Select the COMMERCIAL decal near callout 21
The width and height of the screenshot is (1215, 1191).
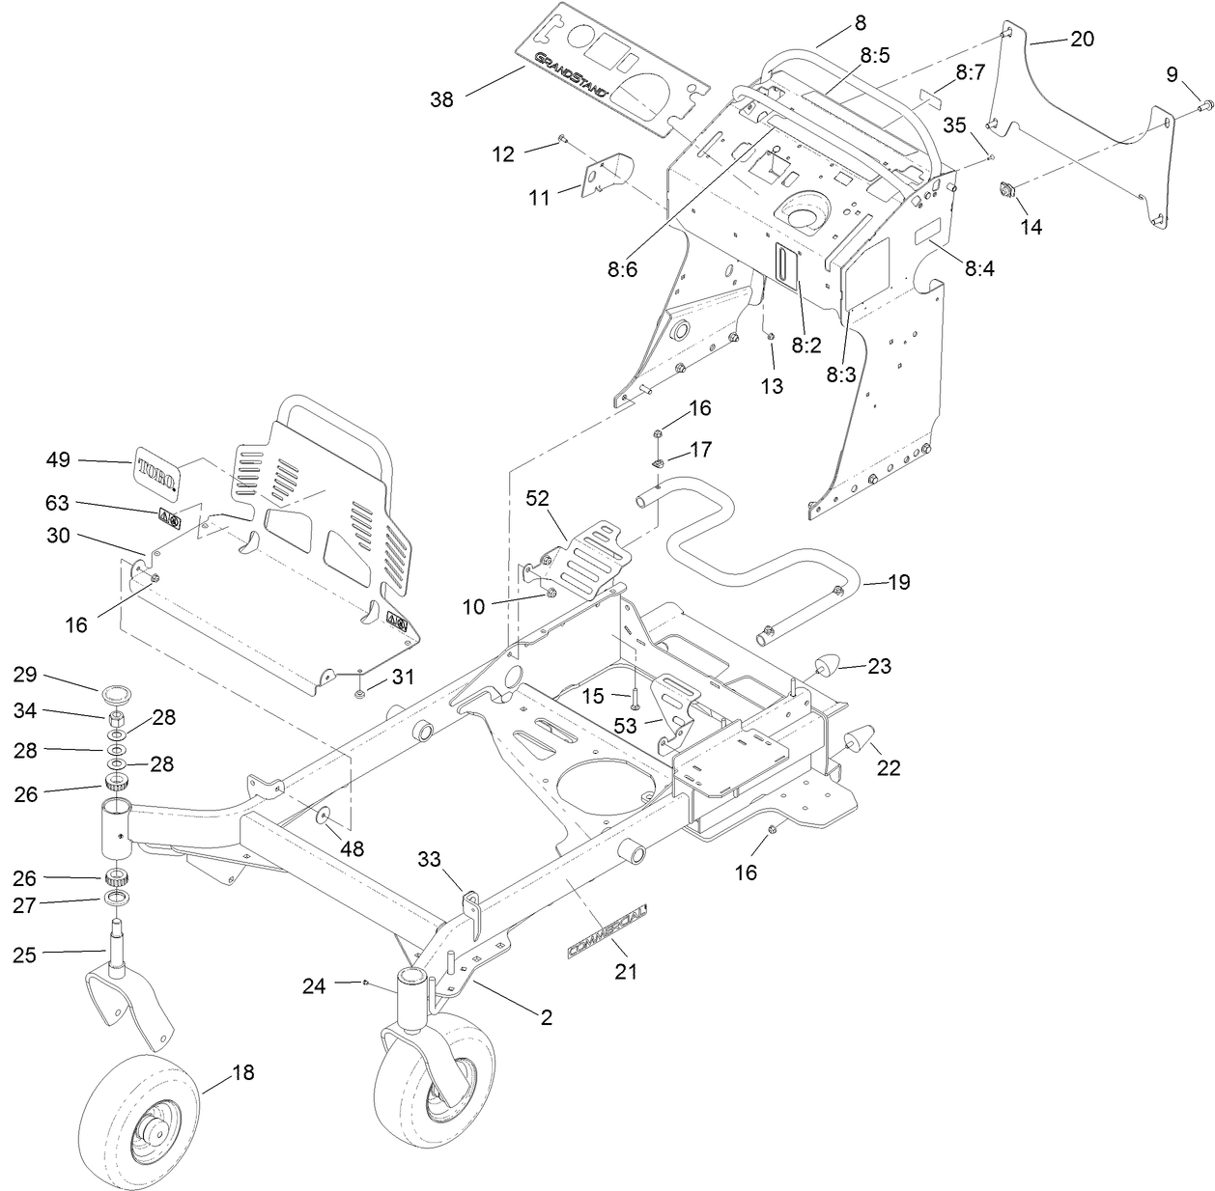pos(607,932)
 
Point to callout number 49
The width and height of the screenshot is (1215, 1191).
pos(59,460)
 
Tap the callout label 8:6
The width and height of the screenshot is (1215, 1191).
pos(622,271)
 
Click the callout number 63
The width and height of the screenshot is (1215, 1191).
pos(59,503)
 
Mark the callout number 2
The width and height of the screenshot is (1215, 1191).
pos(547,1017)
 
